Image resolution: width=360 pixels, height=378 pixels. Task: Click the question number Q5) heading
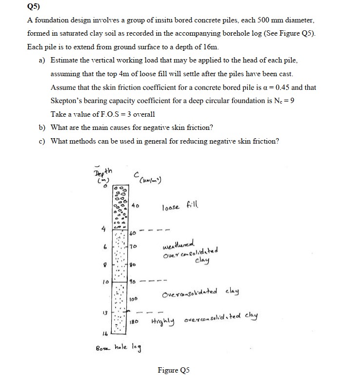point(33,7)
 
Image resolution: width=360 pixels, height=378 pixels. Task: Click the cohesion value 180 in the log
point(135,322)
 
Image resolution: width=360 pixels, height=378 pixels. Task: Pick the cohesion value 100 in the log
point(134,297)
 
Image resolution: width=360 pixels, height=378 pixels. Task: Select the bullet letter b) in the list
point(42,127)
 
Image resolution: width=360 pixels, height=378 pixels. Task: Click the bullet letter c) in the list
point(42,141)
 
